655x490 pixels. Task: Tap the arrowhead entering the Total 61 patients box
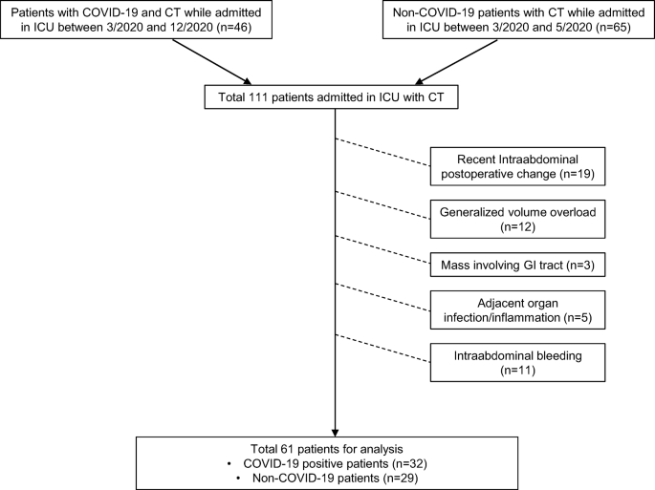click(336, 429)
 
